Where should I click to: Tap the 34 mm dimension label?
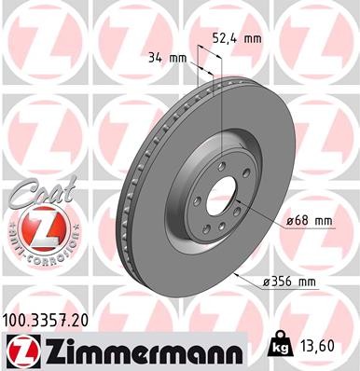(167, 58)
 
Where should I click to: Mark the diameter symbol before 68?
(291, 220)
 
